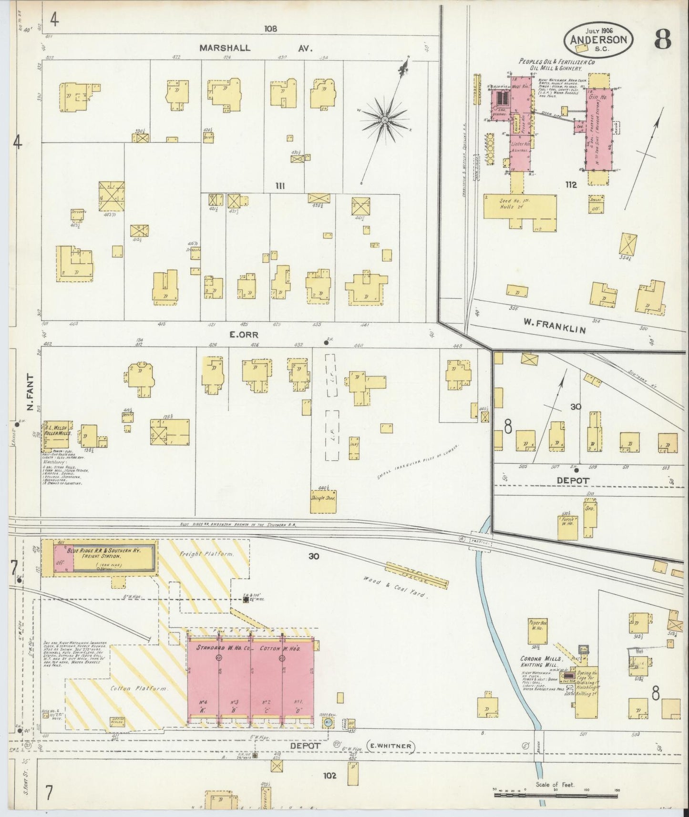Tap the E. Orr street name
(244, 335)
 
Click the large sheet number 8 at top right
(663, 38)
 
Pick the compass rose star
(384, 119)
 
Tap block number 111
(279, 185)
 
